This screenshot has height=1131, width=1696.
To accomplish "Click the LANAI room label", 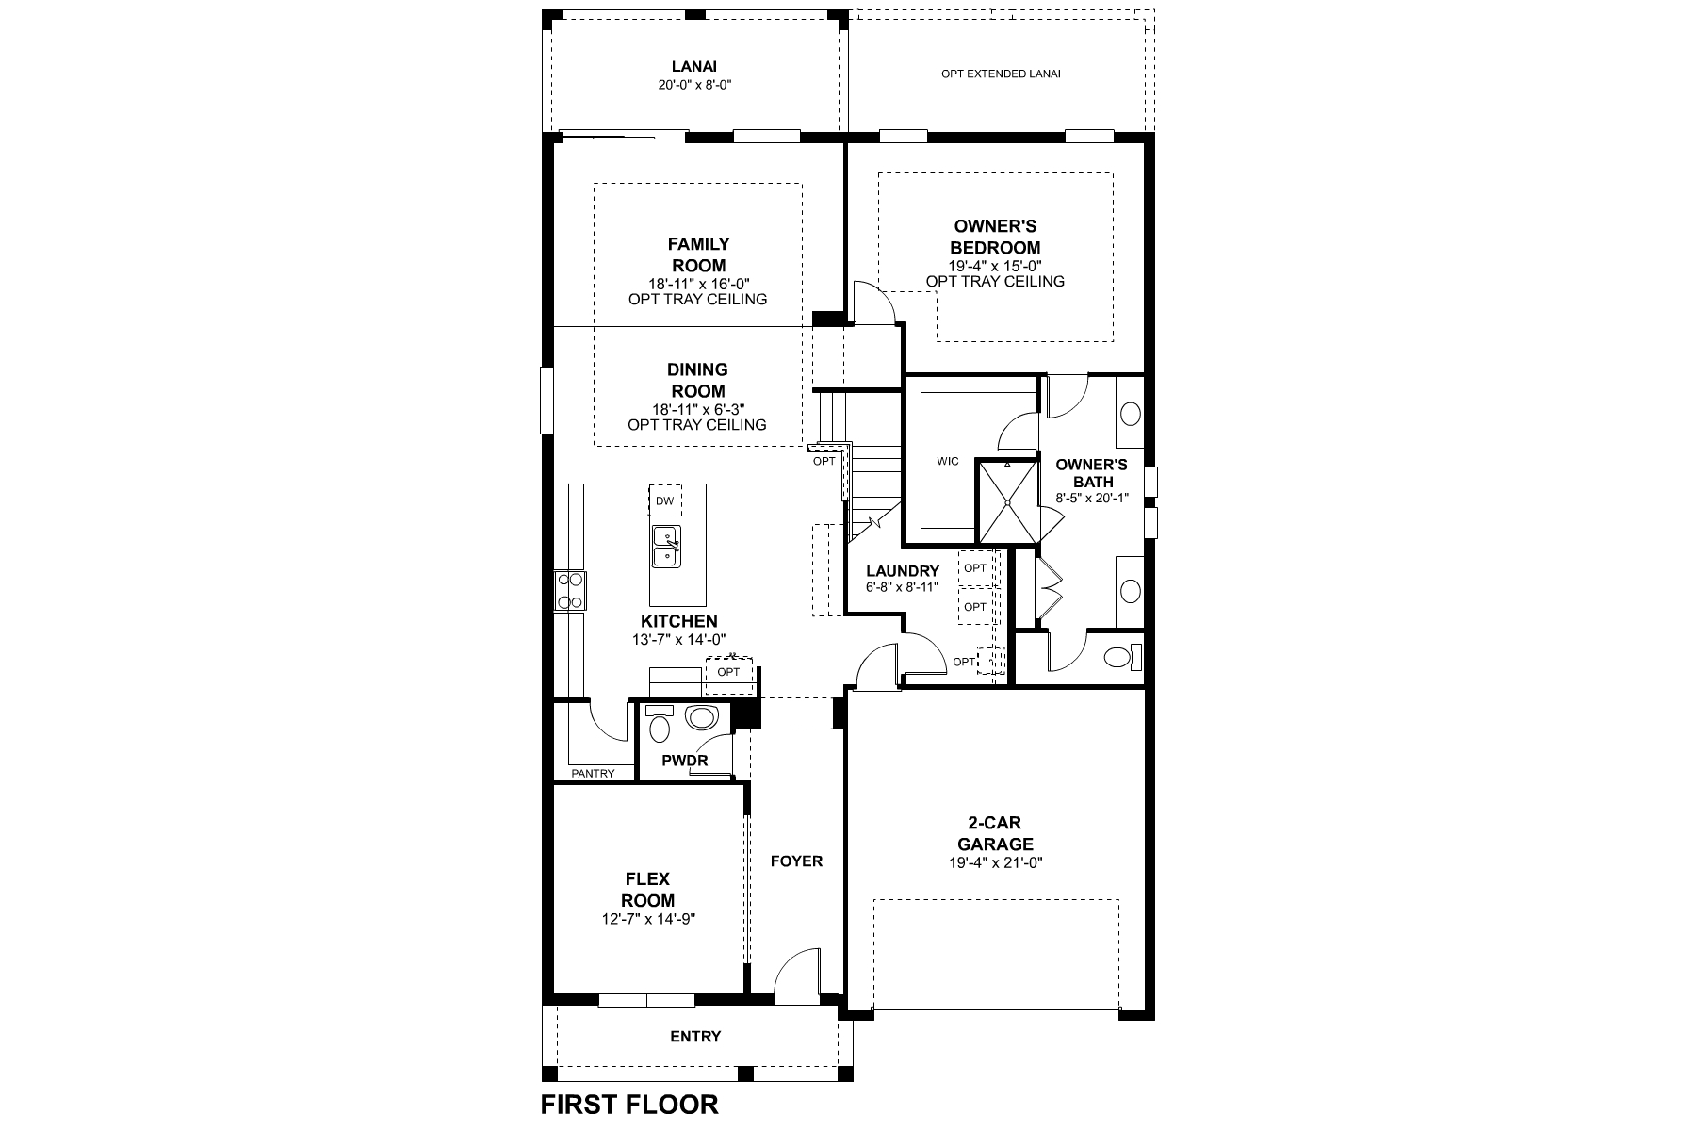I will click(x=694, y=67).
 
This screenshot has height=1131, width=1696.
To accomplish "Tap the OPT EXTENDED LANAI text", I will click(x=1001, y=74).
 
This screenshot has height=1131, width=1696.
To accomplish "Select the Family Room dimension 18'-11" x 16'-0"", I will click(x=698, y=284).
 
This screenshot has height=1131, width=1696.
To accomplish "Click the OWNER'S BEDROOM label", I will click(x=995, y=237).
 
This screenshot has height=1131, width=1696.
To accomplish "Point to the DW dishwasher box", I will click(x=665, y=500).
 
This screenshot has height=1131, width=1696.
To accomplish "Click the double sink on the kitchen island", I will click(x=665, y=546).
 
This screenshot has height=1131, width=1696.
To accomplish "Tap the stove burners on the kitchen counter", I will click(x=569, y=591).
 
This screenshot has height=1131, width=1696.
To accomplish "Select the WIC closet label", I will click(x=948, y=461).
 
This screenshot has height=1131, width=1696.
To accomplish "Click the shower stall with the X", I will click(x=1006, y=501).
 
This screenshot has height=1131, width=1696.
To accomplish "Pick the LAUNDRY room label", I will click(x=903, y=571).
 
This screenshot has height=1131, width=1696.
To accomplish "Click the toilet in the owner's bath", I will click(x=1121, y=657).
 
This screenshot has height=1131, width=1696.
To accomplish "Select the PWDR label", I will click(x=684, y=761).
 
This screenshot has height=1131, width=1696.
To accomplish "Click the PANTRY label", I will click(x=593, y=774).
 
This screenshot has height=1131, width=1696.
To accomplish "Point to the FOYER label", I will click(x=796, y=861).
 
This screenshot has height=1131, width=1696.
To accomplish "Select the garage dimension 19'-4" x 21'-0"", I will click(x=996, y=862).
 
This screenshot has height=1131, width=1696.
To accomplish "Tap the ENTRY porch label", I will click(x=695, y=1037).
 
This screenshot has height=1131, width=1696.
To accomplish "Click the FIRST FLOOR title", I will click(x=629, y=1104).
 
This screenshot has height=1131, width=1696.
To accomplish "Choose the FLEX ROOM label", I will click(x=647, y=890).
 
